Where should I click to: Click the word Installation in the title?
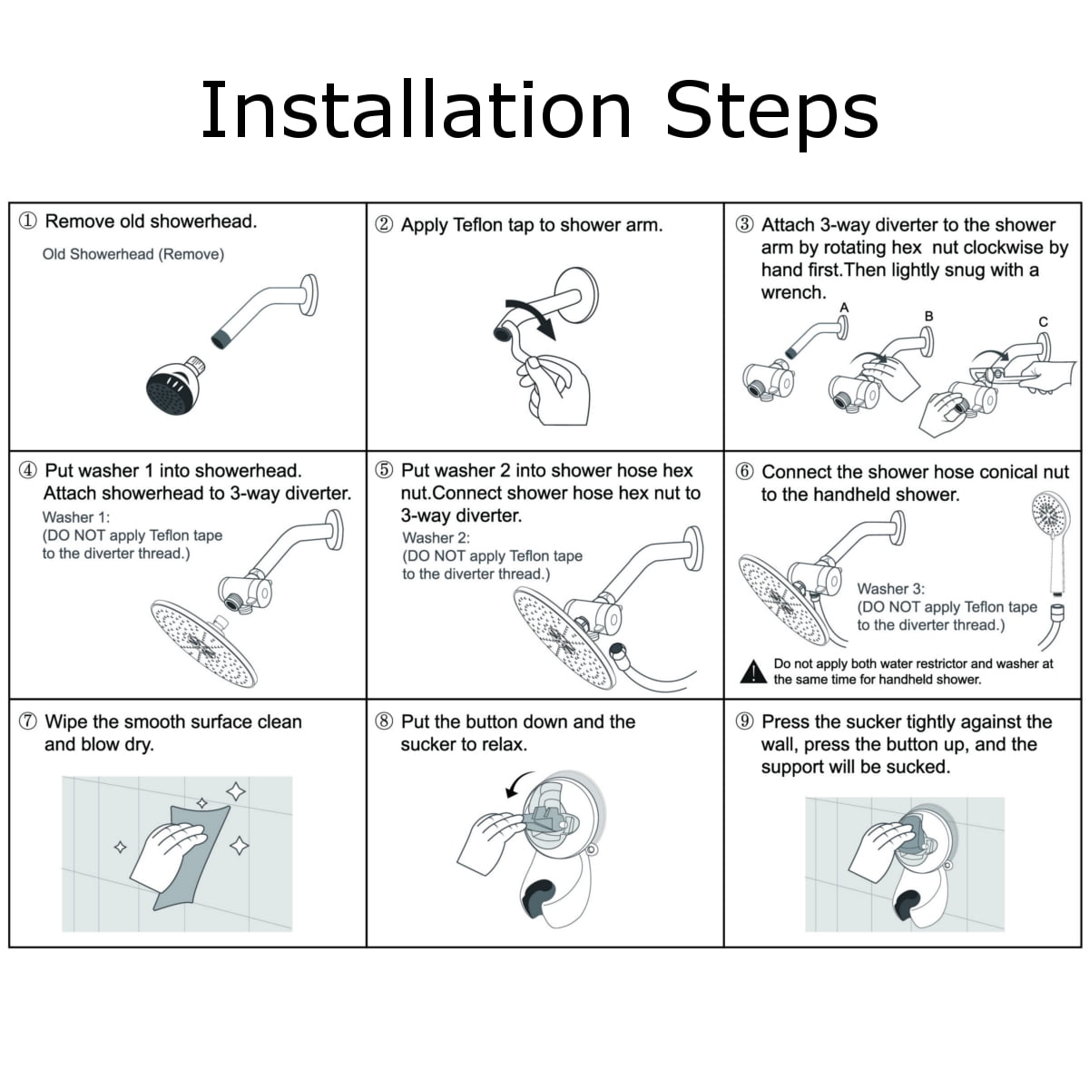pyautogui.click(x=416, y=110)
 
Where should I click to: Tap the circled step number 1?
pyautogui.click(x=28, y=221)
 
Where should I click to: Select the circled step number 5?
pyautogui.click(x=384, y=470)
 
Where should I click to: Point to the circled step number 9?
pyautogui.click(x=744, y=721)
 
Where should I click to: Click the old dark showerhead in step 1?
pyautogui.click(x=174, y=386)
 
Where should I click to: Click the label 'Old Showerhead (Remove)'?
pyautogui.click(x=133, y=254)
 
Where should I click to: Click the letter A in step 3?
pyautogui.click(x=844, y=308)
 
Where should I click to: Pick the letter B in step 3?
pyautogui.click(x=928, y=317)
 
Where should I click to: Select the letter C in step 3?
pyautogui.click(x=1044, y=322)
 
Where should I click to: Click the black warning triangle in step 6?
pyautogui.click(x=753, y=672)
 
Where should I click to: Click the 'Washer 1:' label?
pyautogui.click(x=76, y=517)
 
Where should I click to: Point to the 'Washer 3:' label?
pyautogui.click(x=891, y=589)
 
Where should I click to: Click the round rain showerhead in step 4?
pyautogui.click(x=203, y=644)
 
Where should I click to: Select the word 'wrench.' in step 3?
pyautogui.click(x=793, y=293)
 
